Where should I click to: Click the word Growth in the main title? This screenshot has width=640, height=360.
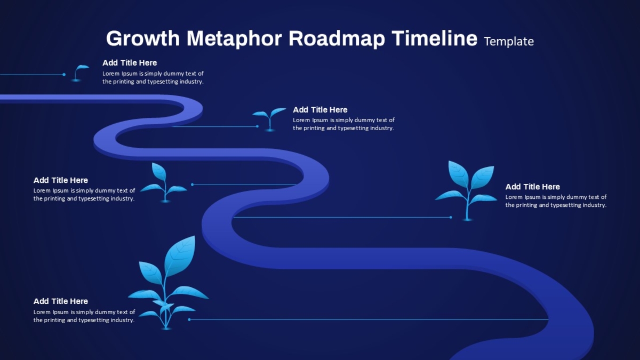[143, 38]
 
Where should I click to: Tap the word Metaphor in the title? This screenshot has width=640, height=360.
[234, 38]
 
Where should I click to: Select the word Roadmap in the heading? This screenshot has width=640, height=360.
[337, 38]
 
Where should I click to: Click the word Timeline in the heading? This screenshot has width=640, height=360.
[434, 38]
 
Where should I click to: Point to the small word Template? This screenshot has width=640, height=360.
[509, 42]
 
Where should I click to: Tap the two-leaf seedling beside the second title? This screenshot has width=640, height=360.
[269, 119]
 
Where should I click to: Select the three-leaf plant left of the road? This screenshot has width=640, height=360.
[164, 183]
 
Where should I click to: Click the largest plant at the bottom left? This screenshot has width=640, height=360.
[168, 283]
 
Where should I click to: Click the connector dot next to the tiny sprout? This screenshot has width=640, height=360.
[64, 75]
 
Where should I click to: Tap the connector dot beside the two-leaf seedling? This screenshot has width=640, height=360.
[257, 126]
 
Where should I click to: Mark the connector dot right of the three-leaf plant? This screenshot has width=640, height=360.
[193, 185]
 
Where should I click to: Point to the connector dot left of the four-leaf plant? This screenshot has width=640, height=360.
[451, 218]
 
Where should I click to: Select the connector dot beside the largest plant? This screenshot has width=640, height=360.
[189, 319]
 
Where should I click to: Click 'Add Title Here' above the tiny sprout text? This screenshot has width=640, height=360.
[130, 63]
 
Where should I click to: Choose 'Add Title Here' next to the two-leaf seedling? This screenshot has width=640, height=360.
[320, 110]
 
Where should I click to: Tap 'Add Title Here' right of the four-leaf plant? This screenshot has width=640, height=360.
[533, 187]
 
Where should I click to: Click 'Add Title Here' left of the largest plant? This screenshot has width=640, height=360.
[61, 301]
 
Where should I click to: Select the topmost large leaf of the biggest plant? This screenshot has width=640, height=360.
[180, 255]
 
